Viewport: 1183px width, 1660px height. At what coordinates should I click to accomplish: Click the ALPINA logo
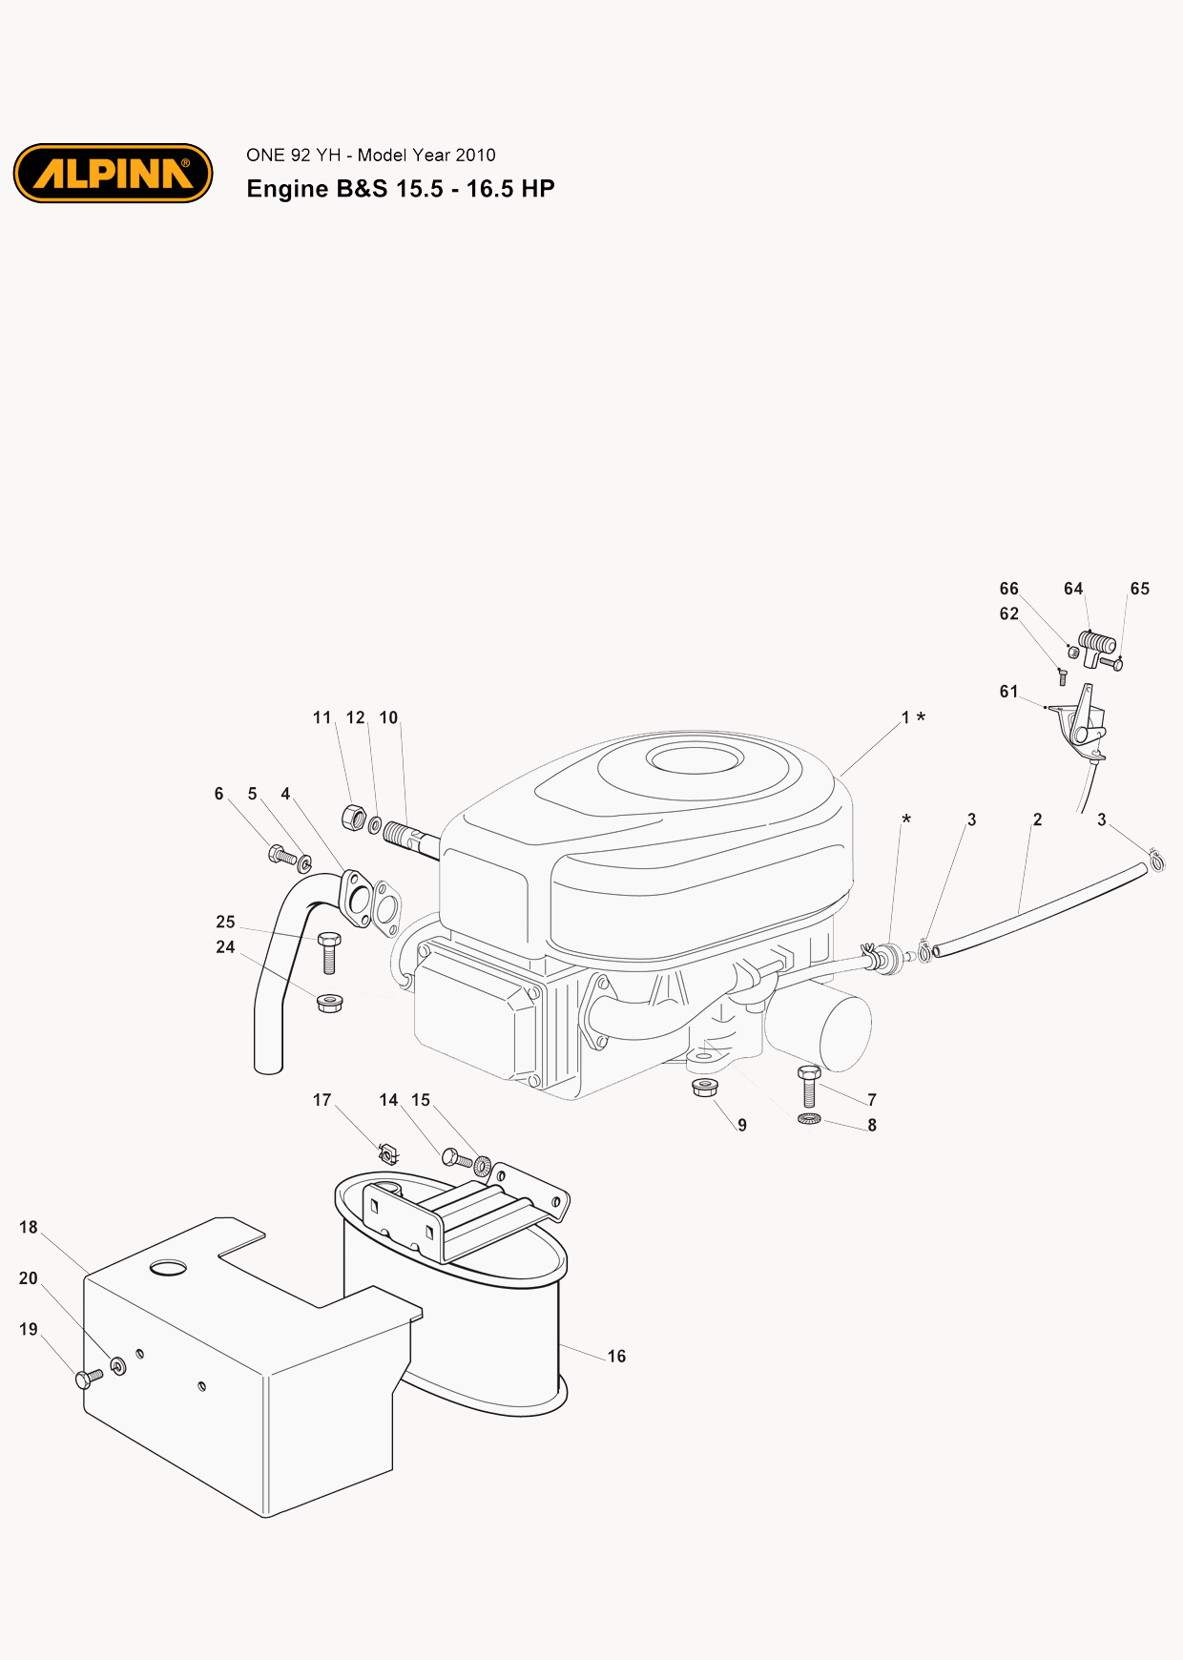tap(113, 174)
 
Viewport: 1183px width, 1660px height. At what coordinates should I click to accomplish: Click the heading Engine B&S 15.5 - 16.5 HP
tap(401, 189)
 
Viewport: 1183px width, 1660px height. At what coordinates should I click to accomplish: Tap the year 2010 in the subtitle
tap(475, 155)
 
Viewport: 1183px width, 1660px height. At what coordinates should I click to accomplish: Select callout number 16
tap(616, 1356)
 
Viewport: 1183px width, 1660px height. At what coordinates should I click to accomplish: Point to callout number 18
tap(29, 1227)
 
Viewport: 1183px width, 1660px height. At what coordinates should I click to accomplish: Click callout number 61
tap(1008, 692)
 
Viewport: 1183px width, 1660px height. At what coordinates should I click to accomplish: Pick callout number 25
tap(225, 922)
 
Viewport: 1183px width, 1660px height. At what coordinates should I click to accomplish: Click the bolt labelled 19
tap(89, 1378)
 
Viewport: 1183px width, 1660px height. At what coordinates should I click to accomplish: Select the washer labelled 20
tap(118, 1366)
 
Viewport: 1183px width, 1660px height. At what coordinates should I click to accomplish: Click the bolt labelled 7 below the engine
tap(809, 1085)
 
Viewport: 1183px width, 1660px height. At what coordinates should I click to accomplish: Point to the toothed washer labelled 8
tap(809, 1118)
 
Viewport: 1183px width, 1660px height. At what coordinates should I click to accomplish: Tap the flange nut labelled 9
tap(704, 1087)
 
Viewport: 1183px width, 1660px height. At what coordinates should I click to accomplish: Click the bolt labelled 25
tap(329, 952)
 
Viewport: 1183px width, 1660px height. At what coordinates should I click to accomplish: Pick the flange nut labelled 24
tap(329, 1003)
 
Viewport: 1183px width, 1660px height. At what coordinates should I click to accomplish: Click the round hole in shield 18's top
tap(169, 1267)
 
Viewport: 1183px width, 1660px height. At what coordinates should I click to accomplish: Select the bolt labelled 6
tap(283, 855)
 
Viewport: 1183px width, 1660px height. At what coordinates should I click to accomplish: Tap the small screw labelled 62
tap(1062, 677)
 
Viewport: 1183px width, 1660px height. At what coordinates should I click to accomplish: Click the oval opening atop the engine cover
tap(695, 758)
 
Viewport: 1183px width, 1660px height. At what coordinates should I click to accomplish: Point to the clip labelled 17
tap(387, 1154)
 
